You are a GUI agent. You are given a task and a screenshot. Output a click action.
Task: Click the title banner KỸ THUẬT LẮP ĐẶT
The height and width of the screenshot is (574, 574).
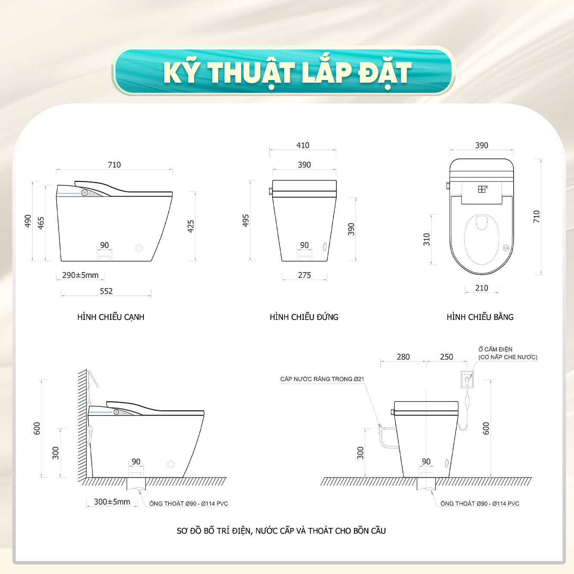pyautogui.click(x=283, y=71)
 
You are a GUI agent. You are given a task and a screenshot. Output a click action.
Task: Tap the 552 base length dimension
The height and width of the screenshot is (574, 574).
pyautogui.click(x=106, y=291)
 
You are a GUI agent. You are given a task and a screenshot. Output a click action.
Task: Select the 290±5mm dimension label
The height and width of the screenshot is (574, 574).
pyautogui.click(x=80, y=275)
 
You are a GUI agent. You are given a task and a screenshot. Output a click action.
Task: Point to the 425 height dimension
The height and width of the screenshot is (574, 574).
pyautogui.click(x=191, y=226)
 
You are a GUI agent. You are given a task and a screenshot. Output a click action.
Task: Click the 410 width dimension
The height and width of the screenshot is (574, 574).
pyautogui.click(x=303, y=146)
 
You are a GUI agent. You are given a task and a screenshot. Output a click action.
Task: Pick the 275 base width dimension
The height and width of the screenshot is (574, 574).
pyautogui.click(x=304, y=275)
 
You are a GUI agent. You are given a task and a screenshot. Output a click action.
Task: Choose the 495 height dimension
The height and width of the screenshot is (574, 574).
pyautogui.click(x=245, y=220)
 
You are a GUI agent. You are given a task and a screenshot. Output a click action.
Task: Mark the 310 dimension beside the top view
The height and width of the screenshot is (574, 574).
pyautogui.click(x=427, y=239)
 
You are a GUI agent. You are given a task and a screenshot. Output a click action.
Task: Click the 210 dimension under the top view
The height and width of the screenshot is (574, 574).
pyautogui.click(x=482, y=288)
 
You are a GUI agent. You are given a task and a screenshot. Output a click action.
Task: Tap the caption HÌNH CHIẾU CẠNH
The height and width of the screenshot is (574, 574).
pyautogui.click(x=111, y=317)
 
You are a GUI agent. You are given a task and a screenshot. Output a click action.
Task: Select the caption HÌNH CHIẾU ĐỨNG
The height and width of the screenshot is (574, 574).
pyautogui.click(x=304, y=317)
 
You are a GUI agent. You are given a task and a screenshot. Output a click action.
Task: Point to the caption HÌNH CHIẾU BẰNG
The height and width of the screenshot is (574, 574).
pyautogui.click(x=480, y=317)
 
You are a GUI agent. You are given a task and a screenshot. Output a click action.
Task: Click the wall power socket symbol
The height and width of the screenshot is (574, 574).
pyautogui.click(x=467, y=379)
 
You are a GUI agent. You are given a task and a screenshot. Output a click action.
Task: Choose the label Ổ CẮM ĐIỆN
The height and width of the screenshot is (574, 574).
pyautogui.click(x=495, y=349)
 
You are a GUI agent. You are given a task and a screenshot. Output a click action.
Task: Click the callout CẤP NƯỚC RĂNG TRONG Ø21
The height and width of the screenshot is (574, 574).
pyautogui.click(x=322, y=379)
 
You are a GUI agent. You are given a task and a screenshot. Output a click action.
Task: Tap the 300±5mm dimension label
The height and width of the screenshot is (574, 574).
pyautogui.click(x=112, y=502)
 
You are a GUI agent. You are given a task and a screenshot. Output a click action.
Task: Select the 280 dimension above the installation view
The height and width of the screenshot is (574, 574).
pyautogui.click(x=403, y=357)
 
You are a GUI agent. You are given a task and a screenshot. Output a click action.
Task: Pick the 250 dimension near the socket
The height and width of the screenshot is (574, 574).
pyautogui.click(x=447, y=357)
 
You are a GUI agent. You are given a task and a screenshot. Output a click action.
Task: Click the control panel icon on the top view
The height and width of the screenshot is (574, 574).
pyautogui.click(x=482, y=189)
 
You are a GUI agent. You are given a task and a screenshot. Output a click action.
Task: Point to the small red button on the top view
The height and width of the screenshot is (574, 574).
pyautogui.click(x=506, y=248)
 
